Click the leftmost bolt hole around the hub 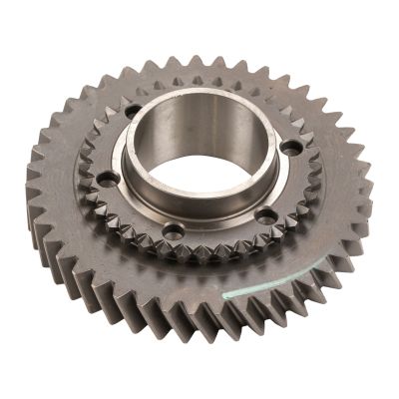point(108,179)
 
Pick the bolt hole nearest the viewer point(173,231)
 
